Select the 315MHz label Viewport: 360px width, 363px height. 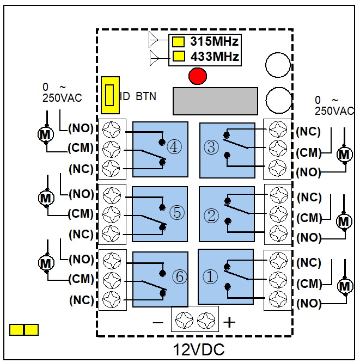214,41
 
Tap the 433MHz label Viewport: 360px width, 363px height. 214,56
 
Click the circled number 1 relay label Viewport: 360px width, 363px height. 210,277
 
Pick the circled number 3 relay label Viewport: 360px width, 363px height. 210,147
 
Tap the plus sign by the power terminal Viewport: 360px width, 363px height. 230,322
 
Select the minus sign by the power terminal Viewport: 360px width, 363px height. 158,322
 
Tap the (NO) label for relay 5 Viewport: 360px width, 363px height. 81,194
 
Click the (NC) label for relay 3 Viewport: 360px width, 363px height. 309,132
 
